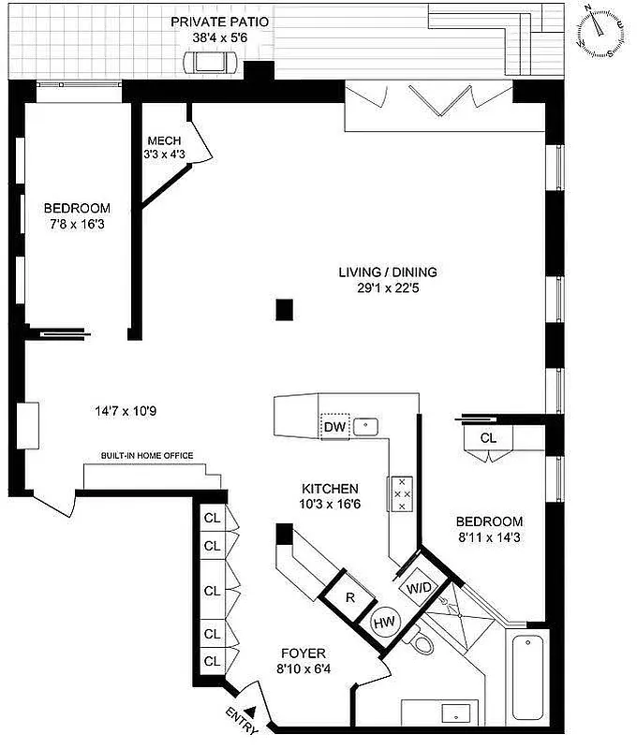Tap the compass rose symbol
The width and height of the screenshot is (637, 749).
pos(600,31)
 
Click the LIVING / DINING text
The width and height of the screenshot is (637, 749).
pos(388,272)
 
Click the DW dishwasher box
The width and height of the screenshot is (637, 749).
pos(334,427)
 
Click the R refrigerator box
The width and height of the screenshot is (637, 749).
pos(349,595)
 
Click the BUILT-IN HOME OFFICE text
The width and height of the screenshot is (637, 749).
pos(147,456)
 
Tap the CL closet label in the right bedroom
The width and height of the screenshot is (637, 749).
pos(488,437)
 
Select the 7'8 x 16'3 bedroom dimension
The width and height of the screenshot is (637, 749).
pos(77,225)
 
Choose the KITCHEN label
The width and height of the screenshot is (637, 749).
pos(329,489)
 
